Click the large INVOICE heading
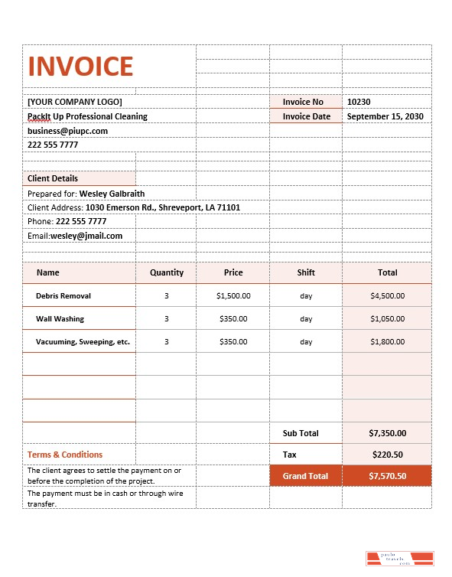coord(80,67)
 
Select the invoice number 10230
coord(359,102)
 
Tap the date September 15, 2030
coord(385,116)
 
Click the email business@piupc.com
coord(67,131)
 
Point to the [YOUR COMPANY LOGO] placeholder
coord(74,102)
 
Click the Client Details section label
coord(53,178)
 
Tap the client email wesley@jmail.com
coord(86,236)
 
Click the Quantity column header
coord(167,272)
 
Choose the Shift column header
coord(306,272)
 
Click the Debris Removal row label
coord(63,295)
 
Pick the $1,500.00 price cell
coord(233,295)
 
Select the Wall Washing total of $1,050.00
coord(387,319)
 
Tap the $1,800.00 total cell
coord(387,342)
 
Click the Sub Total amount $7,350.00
coord(387,433)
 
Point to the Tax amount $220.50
coord(387,455)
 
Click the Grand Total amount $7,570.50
coord(387,476)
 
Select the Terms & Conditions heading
coord(65,455)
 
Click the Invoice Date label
coord(307,116)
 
